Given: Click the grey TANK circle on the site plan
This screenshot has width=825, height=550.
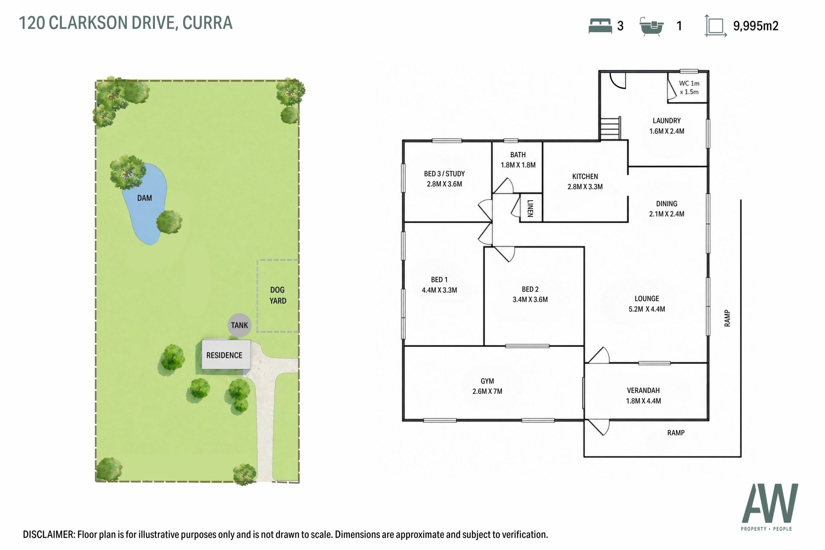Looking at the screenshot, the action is click(239, 325).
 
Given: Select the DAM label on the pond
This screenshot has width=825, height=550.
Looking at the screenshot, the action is click(144, 198).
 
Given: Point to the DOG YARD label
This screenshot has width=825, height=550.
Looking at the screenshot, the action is click(278, 295).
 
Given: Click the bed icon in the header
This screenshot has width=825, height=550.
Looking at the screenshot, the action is click(600, 26).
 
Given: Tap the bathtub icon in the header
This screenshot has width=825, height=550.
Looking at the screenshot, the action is click(652, 27).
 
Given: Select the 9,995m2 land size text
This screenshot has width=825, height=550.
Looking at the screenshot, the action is click(756, 26).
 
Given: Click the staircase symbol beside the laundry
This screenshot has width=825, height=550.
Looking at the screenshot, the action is click(611, 128).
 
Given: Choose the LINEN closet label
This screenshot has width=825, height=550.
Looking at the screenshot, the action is click(530, 208).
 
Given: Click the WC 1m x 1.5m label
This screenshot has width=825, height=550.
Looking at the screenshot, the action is click(689, 88).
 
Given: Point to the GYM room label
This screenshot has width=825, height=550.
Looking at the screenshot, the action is click(487, 381).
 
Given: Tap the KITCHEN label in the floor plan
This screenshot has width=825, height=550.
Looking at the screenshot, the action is click(585, 177).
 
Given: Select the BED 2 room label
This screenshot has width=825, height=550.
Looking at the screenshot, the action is click(530, 290).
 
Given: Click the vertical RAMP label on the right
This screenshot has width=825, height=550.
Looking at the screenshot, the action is click(727, 318).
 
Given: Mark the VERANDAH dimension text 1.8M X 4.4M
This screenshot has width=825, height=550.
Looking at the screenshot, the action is click(643, 401).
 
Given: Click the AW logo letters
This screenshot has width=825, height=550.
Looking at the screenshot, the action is click(770, 503).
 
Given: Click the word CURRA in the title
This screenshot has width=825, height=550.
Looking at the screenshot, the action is click(208, 23).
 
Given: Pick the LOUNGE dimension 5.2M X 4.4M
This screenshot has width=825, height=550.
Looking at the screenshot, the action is click(647, 309).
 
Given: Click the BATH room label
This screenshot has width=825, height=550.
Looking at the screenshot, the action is click(518, 155).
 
